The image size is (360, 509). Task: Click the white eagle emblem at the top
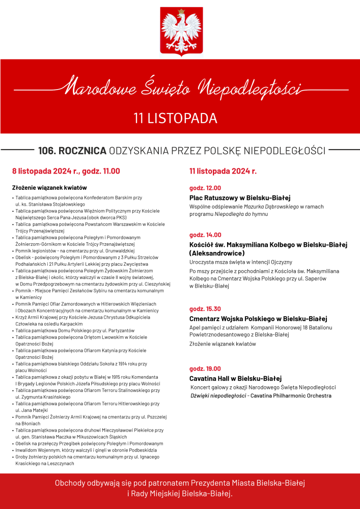click(181, 31)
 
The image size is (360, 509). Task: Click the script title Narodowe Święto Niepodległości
click(180, 88)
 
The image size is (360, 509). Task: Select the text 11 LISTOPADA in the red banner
click(175, 118)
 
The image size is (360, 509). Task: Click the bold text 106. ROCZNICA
click(72, 151)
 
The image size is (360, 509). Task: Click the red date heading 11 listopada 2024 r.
click(223, 171)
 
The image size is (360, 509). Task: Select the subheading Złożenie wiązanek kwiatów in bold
click(49, 187)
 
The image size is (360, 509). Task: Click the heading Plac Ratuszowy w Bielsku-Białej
click(240, 197)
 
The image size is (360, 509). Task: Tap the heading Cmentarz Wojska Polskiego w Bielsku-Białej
click(258, 318)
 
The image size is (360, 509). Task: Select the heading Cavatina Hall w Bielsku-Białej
click(235, 378)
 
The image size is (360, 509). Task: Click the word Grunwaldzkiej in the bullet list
click(119, 250)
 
